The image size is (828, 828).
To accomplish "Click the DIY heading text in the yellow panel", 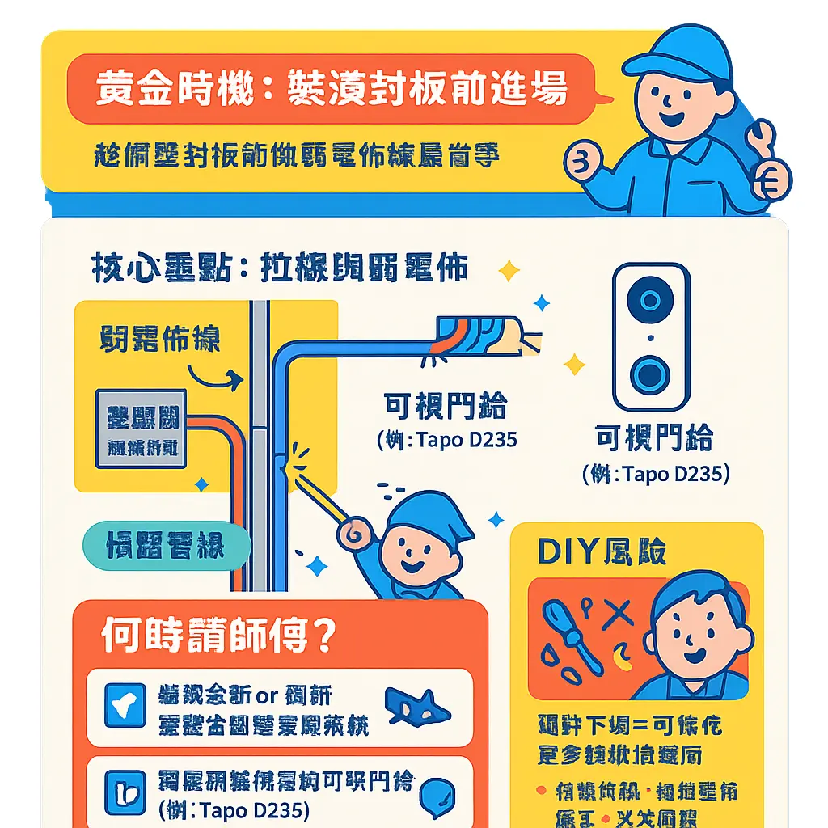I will (602, 551).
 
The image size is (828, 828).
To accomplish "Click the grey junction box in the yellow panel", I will (142, 428).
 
